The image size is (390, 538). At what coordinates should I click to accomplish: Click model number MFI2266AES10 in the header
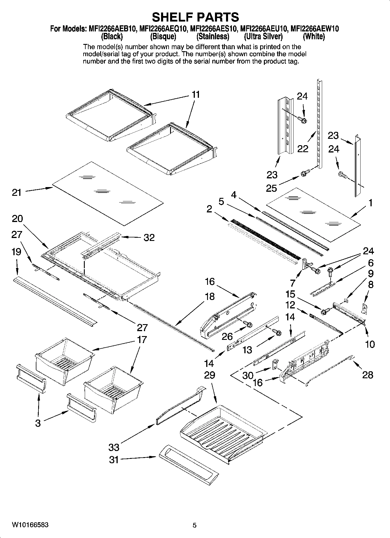click(213, 29)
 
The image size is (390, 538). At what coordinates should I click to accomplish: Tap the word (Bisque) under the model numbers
click(163, 37)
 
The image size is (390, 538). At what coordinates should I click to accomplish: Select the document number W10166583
click(30, 525)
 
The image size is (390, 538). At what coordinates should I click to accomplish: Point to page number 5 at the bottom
click(195, 525)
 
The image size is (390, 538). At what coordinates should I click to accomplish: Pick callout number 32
click(149, 238)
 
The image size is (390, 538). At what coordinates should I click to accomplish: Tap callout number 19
click(17, 252)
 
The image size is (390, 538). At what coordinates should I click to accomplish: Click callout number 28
click(368, 375)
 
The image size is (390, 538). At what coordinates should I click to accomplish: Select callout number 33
click(114, 447)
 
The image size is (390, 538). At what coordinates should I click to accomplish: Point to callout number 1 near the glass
click(370, 203)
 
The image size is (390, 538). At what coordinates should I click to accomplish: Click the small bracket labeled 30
click(275, 364)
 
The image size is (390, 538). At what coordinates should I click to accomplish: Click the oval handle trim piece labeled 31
click(189, 466)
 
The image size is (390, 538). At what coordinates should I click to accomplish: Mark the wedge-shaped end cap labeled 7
click(306, 263)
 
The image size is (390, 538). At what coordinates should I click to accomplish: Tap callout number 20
click(17, 219)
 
